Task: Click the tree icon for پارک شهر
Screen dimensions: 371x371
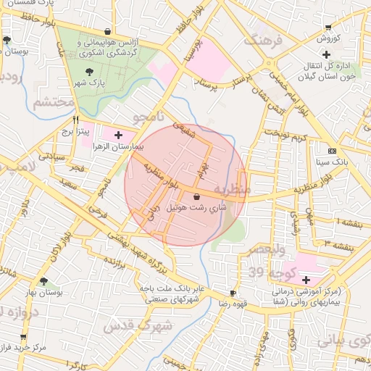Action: coord(89,71)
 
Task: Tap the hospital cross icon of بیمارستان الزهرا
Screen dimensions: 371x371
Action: coord(119,135)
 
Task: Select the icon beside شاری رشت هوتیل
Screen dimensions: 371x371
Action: coord(197,196)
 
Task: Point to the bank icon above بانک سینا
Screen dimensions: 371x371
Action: coord(332,151)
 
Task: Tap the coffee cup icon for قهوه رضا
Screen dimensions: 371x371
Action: coord(232,293)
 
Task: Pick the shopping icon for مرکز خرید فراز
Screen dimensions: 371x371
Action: coord(23,337)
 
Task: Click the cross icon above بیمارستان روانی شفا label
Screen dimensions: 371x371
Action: coord(306,280)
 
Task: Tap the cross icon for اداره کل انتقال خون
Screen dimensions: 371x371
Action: coord(327,54)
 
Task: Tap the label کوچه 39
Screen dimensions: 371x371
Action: coord(266,272)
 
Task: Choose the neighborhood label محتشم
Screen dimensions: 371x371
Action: coord(52,102)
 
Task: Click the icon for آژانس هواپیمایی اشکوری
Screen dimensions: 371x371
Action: coord(108,31)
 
